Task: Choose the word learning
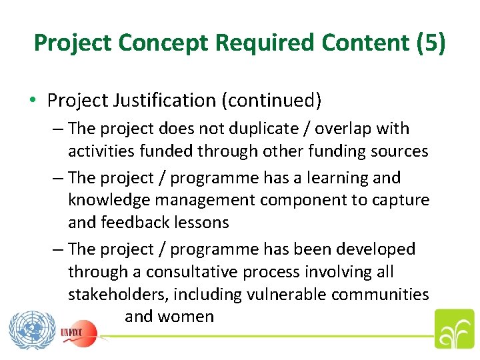[x=331, y=178]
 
